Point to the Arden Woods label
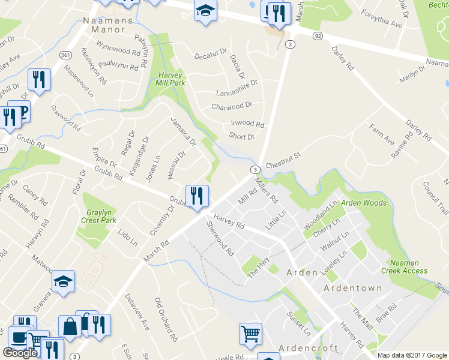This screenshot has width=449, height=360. tap(364, 203)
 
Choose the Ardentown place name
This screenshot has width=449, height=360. tap(352, 288)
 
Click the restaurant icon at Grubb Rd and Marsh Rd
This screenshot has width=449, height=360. tap(197, 196)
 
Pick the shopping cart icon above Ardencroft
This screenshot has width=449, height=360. tap(250, 334)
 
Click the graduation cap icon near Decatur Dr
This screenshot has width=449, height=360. tap(205, 11)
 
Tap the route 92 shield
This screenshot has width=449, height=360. tap(318, 36)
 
